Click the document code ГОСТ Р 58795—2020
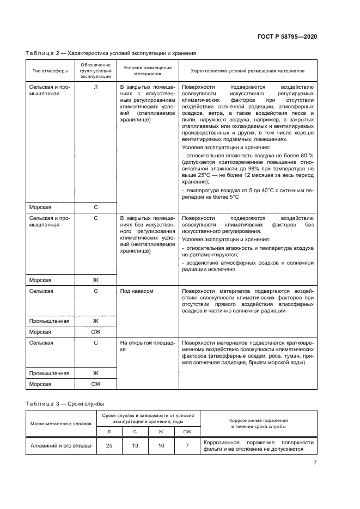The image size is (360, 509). [287, 36]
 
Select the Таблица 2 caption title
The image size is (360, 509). [111, 53]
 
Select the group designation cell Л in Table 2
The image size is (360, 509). [96, 87]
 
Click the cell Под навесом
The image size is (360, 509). [137, 291]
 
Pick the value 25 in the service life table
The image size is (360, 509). [109, 446]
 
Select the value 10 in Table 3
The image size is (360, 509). [161, 446]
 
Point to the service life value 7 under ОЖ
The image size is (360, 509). [187, 446]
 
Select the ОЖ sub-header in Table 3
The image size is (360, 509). [187, 432]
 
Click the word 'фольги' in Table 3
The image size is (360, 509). [213, 450]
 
